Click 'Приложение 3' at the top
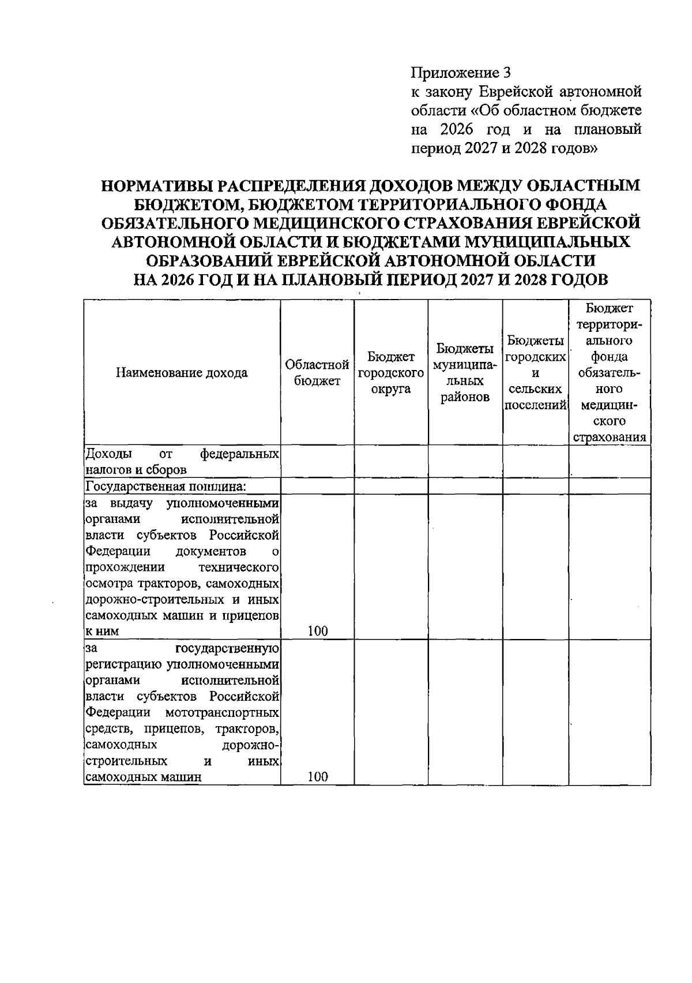[460, 73]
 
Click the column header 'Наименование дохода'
[182, 373]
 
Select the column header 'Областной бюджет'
[317, 373]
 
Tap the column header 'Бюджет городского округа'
[391, 373]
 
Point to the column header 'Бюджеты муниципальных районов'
[465, 373]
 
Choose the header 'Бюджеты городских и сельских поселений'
[535, 373]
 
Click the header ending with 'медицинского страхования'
[609, 373]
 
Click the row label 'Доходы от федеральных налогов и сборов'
[182, 461]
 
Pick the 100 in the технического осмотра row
[317, 631]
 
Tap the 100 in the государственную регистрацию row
[317, 776]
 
